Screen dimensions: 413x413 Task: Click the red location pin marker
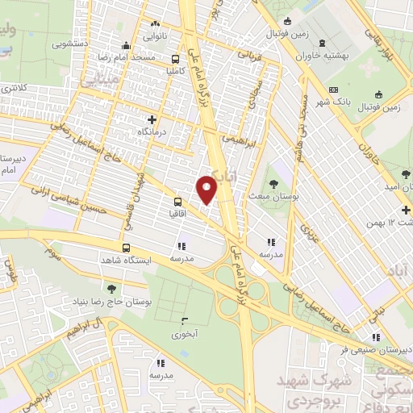[x=207, y=189]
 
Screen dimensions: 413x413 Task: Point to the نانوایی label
[x=156, y=36]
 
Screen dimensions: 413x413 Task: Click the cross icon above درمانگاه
[x=142, y=119]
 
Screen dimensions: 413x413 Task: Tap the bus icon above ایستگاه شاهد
[x=126, y=248]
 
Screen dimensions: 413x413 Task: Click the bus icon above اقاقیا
[x=177, y=202]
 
